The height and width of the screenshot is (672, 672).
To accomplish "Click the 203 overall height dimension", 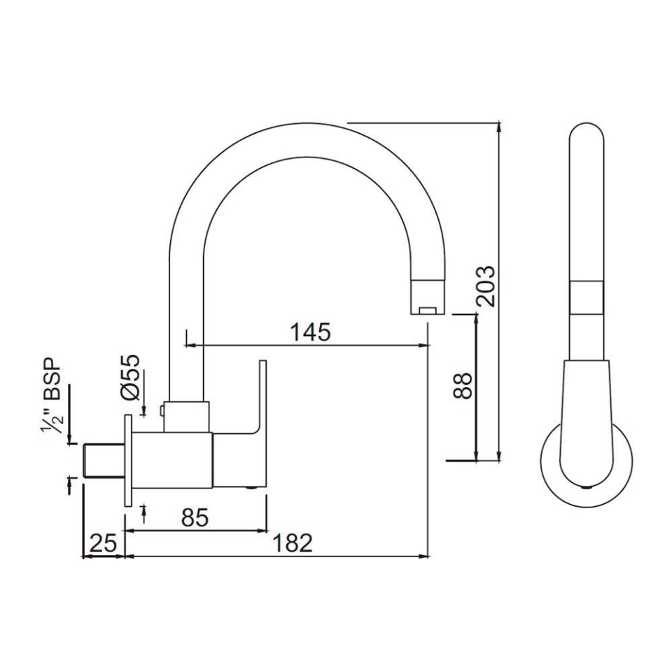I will point(485,286).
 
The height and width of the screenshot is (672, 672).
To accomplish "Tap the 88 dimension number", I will point(463,386).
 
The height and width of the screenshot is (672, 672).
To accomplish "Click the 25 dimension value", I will point(102,543).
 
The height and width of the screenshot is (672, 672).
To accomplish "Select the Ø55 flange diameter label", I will point(130,378).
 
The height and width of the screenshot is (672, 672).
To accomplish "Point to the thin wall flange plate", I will point(128,459).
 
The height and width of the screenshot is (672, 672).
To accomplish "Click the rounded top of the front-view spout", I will point(586,136).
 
